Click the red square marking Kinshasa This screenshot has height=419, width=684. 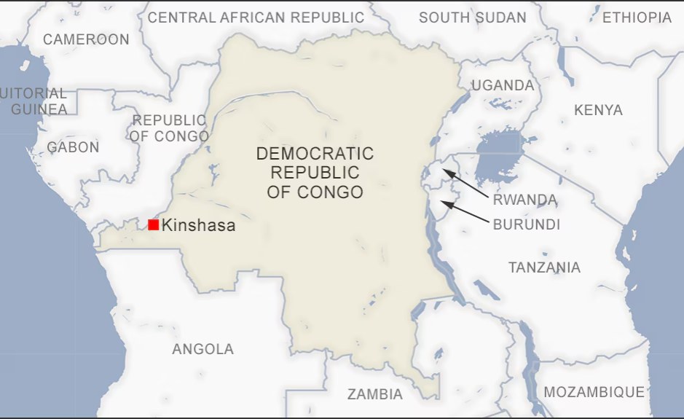(x=153, y=224)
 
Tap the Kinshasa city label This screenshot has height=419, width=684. (x=199, y=226)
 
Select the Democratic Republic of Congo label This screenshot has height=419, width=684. (x=315, y=173)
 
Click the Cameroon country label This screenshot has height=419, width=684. (x=86, y=39)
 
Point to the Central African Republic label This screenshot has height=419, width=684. (x=256, y=17)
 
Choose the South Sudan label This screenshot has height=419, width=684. (x=472, y=17)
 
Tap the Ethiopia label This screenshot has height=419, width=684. (x=637, y=17)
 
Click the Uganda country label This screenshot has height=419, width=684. (x=503, y=85)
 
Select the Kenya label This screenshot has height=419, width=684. (x=598, y=110)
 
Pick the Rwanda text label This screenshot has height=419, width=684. (x=524, y=200)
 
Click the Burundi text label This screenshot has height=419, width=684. (x=527, y=224)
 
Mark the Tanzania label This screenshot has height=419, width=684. (x=544, y=267)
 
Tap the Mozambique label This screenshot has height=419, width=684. (x=594, y=392)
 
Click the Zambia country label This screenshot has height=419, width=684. (x=374, y=394)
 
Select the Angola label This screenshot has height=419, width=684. (x=203, y=349)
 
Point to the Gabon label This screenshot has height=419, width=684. (x=73, y=147)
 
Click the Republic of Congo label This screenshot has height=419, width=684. (x=169, y=128)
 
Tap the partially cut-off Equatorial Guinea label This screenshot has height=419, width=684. (x=35, y=101)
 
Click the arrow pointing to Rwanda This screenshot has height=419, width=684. (x=468, y=184)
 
